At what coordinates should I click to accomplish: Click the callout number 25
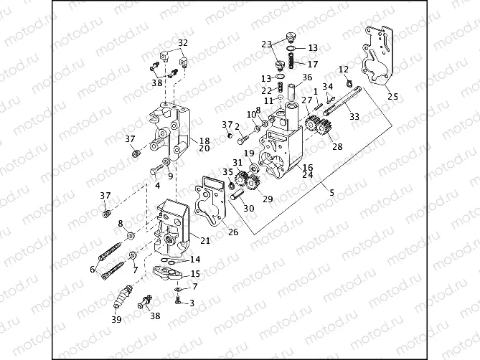(391, 96)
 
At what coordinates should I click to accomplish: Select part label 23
(267, 44)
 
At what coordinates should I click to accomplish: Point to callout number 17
(313, 64)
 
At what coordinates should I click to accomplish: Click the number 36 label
(307, 77)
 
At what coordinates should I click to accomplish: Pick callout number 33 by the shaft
(354, 116)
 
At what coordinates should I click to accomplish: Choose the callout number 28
(336, 147)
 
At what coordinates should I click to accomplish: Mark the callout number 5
(331, 192)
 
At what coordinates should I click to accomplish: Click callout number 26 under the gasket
(234, 232)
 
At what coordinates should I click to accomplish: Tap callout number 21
(204, 240)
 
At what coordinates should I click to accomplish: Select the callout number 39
(116, 320)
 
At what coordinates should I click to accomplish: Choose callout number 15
(195, 274)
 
